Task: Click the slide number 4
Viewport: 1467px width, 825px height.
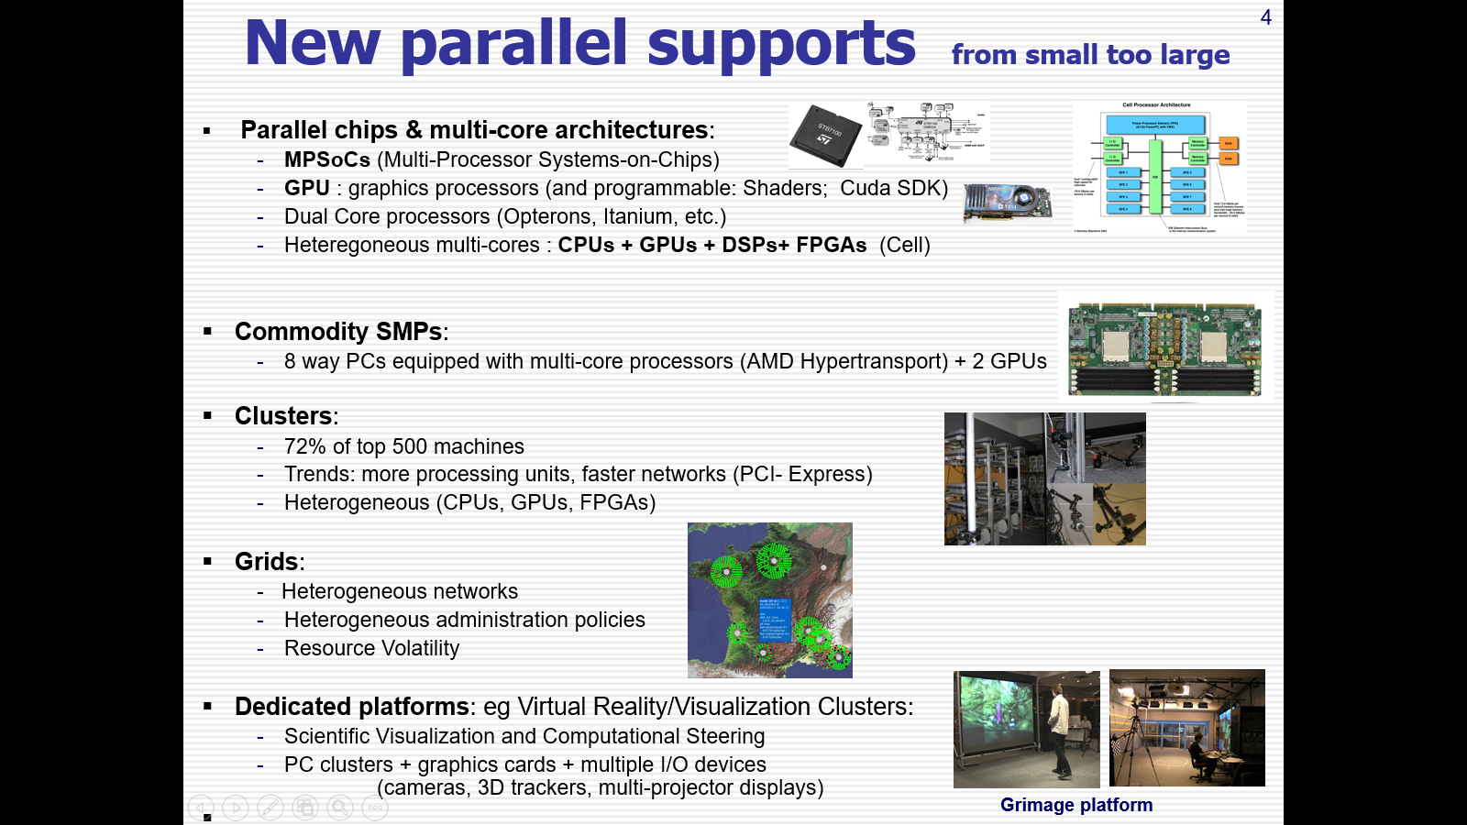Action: tap(1265, 17)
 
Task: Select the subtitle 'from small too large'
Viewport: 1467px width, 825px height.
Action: tap(1090, 55)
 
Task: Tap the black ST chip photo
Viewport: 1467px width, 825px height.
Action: tap(825, 136)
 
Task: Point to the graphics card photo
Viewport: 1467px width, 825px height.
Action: tap(1006, 202)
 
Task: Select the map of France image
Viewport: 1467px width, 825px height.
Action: tap(769, 600)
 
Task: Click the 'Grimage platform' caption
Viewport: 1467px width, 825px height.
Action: tap(1076, 805)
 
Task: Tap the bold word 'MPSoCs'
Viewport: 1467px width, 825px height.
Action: tap(326, 159)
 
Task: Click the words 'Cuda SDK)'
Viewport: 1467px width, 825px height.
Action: tap(894, 188)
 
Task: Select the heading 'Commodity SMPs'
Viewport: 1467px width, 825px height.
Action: tap(338, 332)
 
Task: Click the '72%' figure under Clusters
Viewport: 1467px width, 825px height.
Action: tap(304, 446)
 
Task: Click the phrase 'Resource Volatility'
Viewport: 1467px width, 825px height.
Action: tap(371, 648)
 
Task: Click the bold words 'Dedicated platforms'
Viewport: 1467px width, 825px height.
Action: tap(351, 707)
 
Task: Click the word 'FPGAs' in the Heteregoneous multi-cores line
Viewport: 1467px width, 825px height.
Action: tap(831, 245)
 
